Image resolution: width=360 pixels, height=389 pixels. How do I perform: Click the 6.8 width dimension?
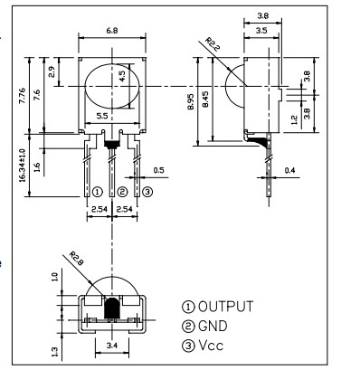pos(112,31)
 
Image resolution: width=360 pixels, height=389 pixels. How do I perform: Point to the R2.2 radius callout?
pos(213,44)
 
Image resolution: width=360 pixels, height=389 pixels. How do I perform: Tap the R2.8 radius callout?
pos(76,259)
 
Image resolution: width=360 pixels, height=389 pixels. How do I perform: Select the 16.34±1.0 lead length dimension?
pos(23,166)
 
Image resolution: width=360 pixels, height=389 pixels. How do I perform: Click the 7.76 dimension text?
pos(23,96)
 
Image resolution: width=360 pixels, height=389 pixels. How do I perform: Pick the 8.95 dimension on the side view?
pos(191,101)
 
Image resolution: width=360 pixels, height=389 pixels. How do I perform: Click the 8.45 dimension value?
pos(205,100)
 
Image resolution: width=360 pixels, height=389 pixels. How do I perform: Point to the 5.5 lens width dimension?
pos(102,116)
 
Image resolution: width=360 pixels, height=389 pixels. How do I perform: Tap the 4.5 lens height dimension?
pos(123,76)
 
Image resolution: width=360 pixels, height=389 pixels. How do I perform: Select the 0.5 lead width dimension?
pos(159,170)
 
